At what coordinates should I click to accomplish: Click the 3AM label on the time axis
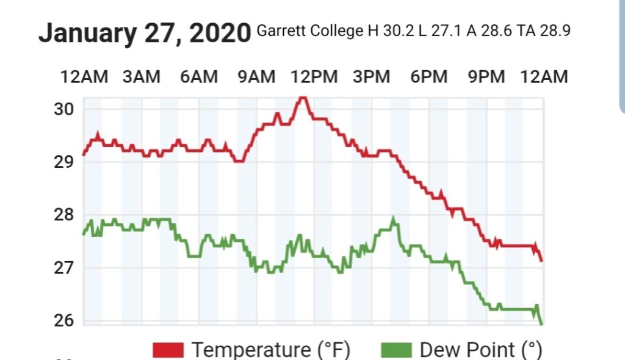[141, 77]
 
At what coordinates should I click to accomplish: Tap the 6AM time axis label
[198, 77]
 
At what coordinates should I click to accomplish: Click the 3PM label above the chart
[371, 77]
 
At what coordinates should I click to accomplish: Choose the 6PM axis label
[428, 77]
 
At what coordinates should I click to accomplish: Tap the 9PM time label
[486, 77]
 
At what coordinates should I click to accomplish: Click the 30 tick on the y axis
[64, 109]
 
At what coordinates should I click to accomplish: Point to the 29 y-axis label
[64, 162]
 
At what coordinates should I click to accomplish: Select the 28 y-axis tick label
[64, 215]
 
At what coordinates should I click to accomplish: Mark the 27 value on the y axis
[64, 267]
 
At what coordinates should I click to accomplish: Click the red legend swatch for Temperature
[168, 350]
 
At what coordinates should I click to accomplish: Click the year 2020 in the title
[219, 33]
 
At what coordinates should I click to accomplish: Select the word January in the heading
[87, 33]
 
